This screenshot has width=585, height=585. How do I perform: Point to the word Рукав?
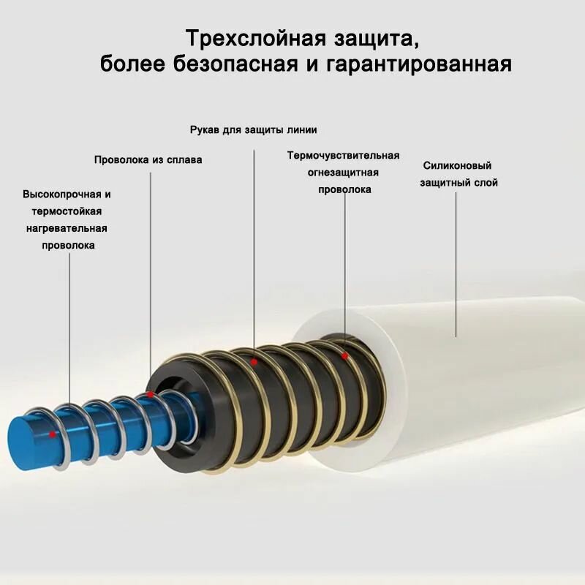205,130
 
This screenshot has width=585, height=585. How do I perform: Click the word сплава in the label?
184,159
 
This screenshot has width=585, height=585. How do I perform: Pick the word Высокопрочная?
61,195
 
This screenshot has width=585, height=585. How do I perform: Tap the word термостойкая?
67,211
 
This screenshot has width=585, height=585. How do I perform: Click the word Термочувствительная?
343,155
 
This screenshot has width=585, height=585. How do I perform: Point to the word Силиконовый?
457,166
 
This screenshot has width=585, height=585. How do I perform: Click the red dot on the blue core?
52,434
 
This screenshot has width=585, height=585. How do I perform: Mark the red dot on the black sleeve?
254,361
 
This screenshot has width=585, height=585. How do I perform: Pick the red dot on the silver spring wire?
150,394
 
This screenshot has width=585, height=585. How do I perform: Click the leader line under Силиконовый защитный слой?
457,263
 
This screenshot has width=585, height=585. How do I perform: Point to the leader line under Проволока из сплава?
151,278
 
